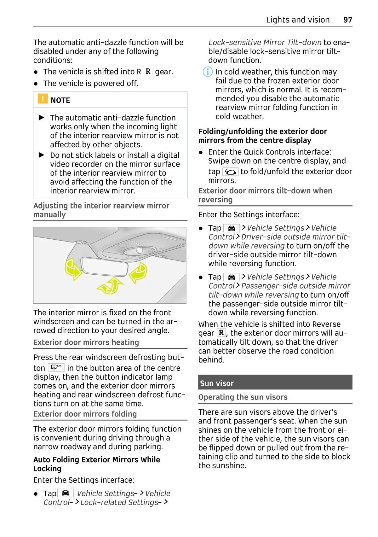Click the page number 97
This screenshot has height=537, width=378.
click(x=348, y=20)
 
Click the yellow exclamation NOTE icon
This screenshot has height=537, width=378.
click(x=43, y=99)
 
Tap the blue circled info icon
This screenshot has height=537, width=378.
click(x=207, y=72)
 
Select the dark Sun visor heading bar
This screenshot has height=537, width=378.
click(x=275, y=382)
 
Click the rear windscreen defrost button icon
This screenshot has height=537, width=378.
click(x=56, y=368)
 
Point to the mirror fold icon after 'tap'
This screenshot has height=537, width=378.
click(x=230, y=172)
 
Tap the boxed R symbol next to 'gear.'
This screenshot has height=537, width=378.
click(x=148, y=72)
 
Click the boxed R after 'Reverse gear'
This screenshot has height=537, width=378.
click(x=221, y=333)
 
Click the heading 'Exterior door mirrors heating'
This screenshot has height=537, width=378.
click(x=86, y=342)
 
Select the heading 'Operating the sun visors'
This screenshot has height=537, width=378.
click(x=243, y=397)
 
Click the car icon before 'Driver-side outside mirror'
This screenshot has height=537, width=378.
click(x=231, y=228)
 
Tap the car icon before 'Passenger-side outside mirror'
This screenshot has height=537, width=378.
click(x=231, y=277)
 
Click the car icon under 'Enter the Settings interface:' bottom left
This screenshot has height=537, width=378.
click(x=66, y=493)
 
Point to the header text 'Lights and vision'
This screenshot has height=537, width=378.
click(x=298, y=20)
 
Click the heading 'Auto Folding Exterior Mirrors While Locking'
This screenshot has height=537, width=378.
click(x=97, y=464)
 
